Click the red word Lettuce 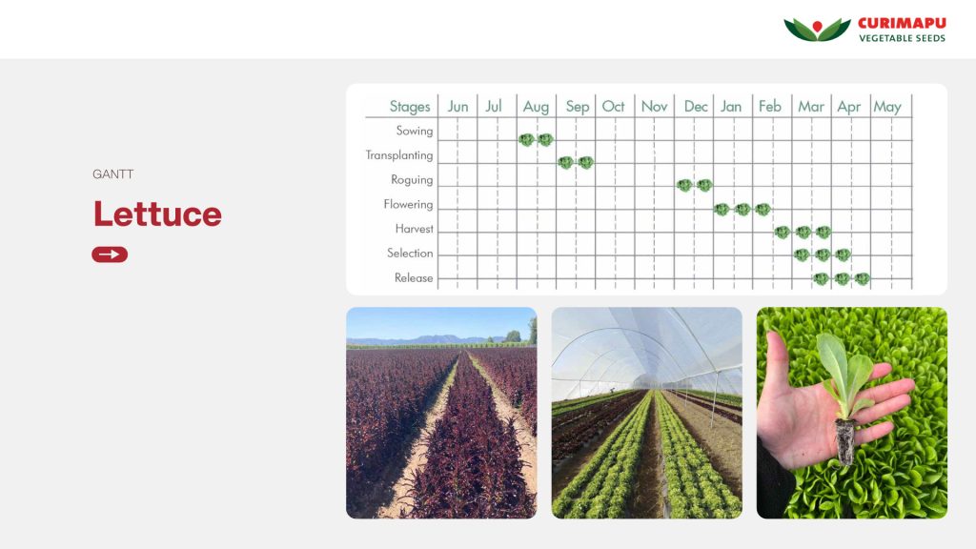[x=157, y=214]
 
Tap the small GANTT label [x=112, y=174]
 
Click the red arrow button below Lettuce [x=110, y=254]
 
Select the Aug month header [x=536, y=107]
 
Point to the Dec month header [x=695, y=107]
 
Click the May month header [x=887, y=107]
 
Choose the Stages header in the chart [x=410, y=107]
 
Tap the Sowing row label [x=414, y=131]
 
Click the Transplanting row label [x=399, y=155]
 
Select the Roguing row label [x=412, y=180]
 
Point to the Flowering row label [x=408, y=204]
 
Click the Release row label [x=414, y=277]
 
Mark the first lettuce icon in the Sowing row [x=526, y=139]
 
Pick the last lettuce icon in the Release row [x=862, y=279]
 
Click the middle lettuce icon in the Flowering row [x=742, y=209]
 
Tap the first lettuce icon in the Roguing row [x=684, y=185]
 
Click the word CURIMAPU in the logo [x=902, y=23]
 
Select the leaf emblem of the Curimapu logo [x=817, y=30]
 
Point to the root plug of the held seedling [x=844, y=441]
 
